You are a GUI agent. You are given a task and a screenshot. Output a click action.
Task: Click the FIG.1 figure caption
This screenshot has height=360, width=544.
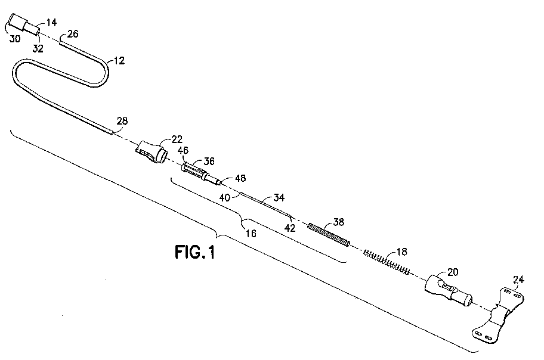coord(195,252)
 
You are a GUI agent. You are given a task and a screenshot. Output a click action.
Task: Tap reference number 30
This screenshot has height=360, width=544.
coord(14,39)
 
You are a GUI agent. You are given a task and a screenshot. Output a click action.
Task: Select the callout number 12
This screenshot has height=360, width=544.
coord(119,61)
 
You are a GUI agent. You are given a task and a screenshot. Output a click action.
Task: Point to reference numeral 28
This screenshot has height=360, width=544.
coord(122,120)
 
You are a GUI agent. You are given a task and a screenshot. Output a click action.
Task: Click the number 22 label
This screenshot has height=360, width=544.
coord(177,139)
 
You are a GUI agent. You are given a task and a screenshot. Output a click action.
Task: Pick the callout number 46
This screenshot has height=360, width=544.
coord(183,150)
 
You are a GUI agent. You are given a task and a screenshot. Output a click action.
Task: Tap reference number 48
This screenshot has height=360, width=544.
coord(240,178)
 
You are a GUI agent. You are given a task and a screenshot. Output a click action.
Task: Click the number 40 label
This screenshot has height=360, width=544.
coord(225,197)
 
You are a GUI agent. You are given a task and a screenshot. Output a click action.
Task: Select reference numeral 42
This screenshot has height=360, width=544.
coord(290,228)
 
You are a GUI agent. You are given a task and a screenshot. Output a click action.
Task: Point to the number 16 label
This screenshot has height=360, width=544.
coord(251,234)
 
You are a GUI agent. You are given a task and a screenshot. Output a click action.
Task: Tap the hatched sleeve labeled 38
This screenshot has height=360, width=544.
coord(329,235)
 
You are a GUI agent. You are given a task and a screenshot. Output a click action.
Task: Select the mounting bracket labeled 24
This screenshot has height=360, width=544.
coord(499,315)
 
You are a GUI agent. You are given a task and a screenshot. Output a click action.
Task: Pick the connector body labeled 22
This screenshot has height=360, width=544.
coord(152,152)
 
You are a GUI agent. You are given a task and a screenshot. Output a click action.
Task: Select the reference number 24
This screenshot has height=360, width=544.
coord(518,280)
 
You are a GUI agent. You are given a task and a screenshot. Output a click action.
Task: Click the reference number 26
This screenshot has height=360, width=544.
coord(73,33)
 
